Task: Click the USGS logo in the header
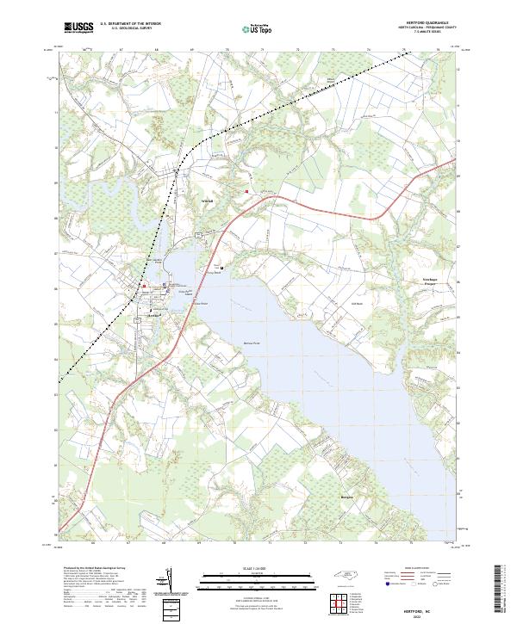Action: click(x=78, y=28)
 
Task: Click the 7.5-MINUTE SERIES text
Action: click(x=428, y=34)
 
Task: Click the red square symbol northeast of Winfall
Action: click(x=247, y=191)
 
